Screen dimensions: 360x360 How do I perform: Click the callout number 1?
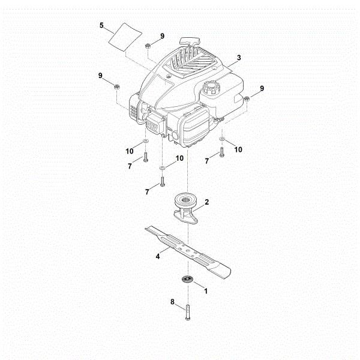(x=206, y=292)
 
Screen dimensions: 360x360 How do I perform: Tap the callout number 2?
(x=206, y=202)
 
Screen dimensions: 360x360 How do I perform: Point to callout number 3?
(x=239, y=58)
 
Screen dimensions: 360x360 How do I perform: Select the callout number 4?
(x=158, y=256)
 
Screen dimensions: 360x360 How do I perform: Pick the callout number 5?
(x=102, y=26)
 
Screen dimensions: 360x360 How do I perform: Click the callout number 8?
(x=173, y=302)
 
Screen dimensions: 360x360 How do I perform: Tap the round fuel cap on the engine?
(x=212, y=88)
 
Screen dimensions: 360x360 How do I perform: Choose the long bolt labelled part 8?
(x=188, y=311)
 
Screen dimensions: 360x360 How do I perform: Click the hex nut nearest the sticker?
(x=148, y=46)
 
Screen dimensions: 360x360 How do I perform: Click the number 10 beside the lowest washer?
(x=179, y=158)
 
